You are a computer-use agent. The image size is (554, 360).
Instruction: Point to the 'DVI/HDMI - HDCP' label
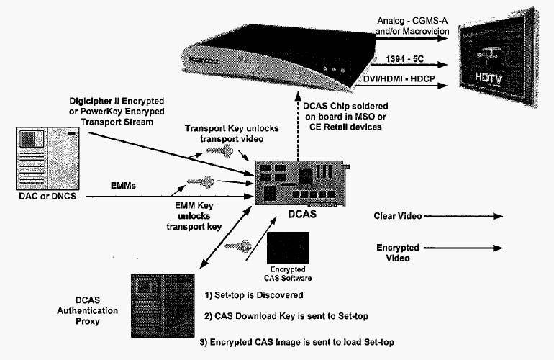pyautogui.click(x=401, y=76)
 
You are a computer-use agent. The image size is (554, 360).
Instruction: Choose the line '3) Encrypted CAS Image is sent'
pyautogui.click(x=297, y=342)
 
